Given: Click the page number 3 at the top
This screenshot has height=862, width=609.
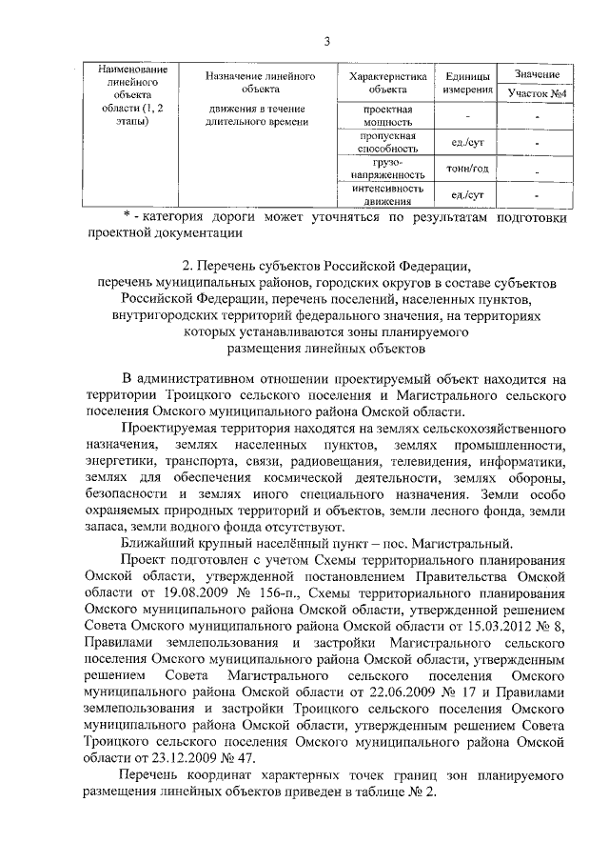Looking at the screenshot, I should pos(326,41).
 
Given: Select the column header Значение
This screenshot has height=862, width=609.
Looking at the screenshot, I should pos(537,74).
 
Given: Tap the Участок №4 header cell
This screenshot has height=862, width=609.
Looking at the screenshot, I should pos(537,95).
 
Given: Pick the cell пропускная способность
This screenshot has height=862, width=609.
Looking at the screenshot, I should pos(387,143).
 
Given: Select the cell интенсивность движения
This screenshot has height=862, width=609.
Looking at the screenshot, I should pos(387,194).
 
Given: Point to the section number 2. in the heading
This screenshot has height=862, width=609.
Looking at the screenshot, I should pos(187,264).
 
